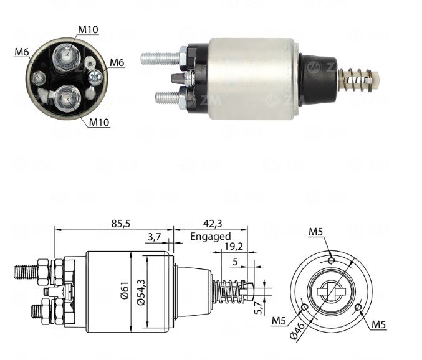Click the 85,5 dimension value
click(x=120, y=224)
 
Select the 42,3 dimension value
click(x=213, y=224)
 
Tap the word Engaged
click(x=211, y=237)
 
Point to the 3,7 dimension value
click(x=154, y=237)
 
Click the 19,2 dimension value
click(x=234, y=246)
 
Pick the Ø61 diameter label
click(x=125, y=291)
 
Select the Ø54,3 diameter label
click(x=141, y=292)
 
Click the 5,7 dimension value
click(x=257, y=308)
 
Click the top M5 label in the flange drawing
click(x=315, y=232)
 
